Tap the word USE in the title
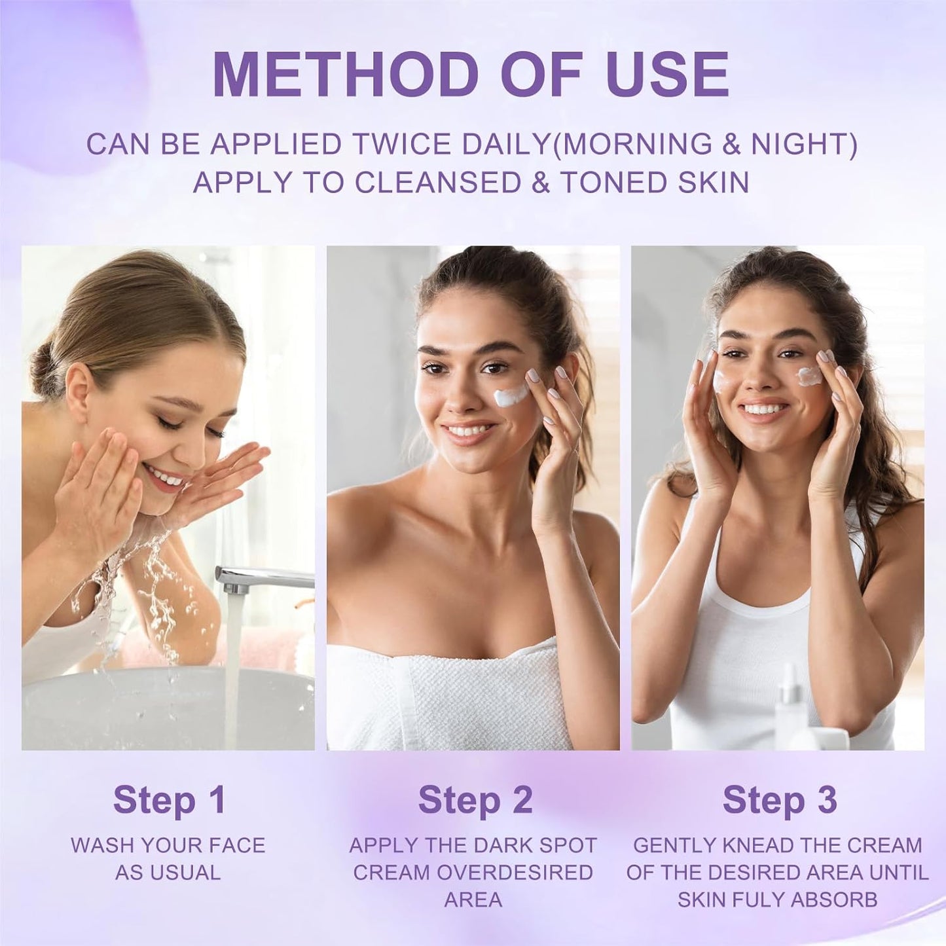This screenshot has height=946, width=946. (x=667, y=74)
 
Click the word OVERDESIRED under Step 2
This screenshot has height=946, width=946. (x=515, y=873)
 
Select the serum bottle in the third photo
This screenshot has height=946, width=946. (x=790, y=698)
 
